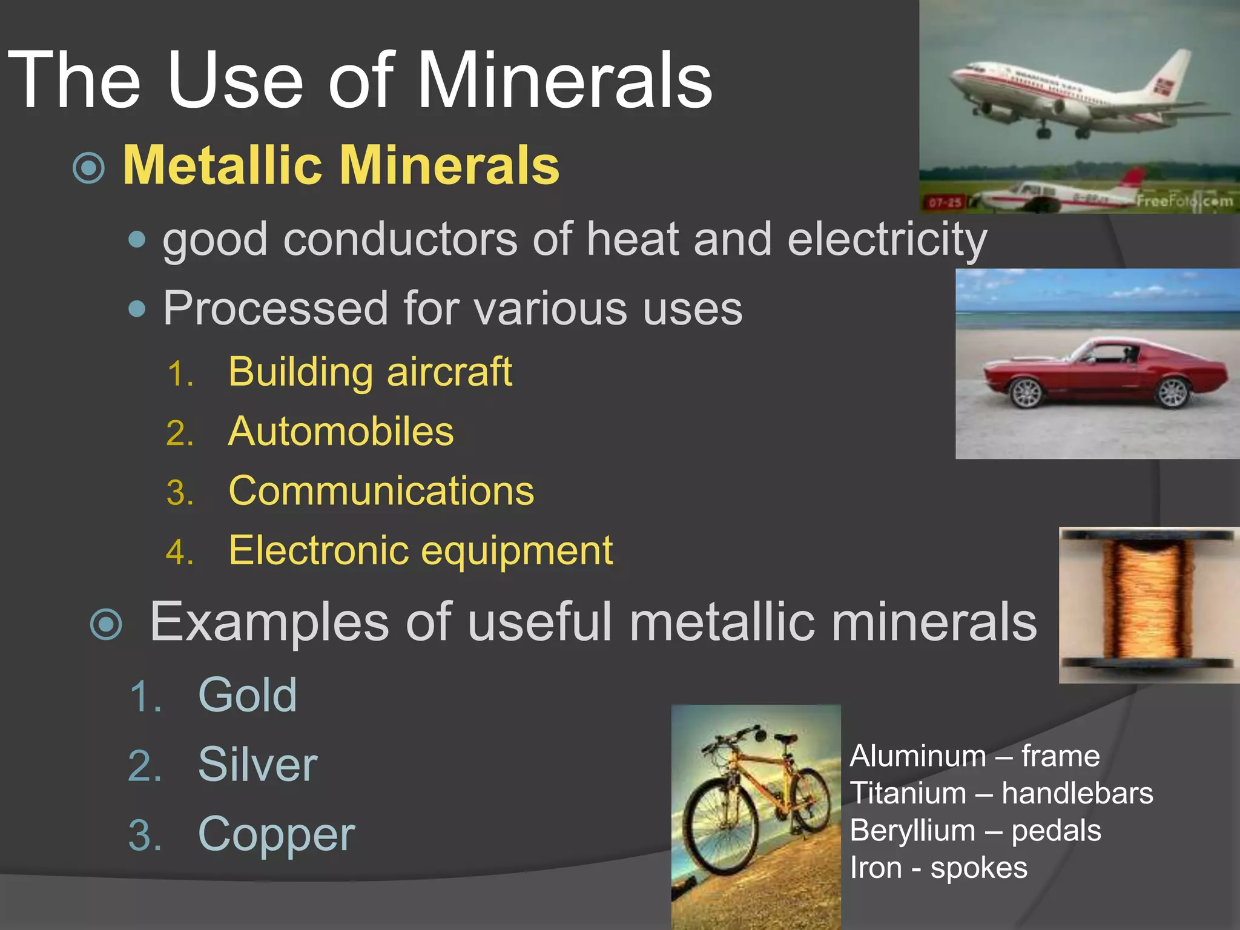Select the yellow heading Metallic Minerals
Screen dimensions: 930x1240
341,165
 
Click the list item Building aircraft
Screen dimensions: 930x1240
370,371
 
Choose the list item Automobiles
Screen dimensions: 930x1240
341,431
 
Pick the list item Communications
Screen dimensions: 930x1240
381,490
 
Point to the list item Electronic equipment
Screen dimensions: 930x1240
421,550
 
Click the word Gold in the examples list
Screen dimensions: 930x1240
248,695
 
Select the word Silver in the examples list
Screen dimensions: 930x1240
257,765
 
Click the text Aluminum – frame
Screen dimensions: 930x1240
974,756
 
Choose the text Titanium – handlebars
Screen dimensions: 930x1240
1001,793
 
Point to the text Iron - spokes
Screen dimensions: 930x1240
938,868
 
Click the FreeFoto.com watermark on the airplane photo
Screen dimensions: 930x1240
1184,200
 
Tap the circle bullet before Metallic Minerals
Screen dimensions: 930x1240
88,168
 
